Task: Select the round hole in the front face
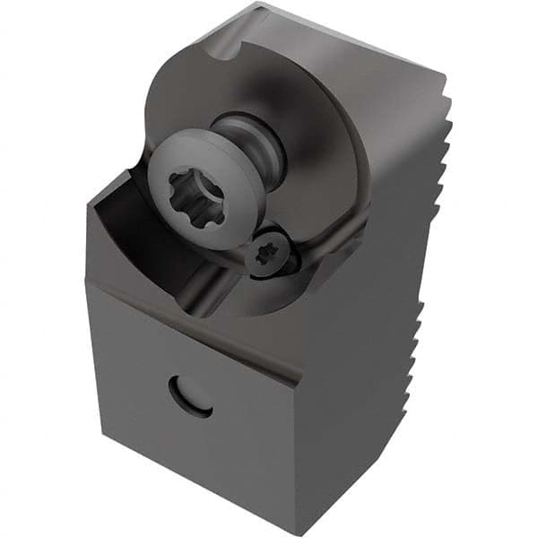point(191,395)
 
